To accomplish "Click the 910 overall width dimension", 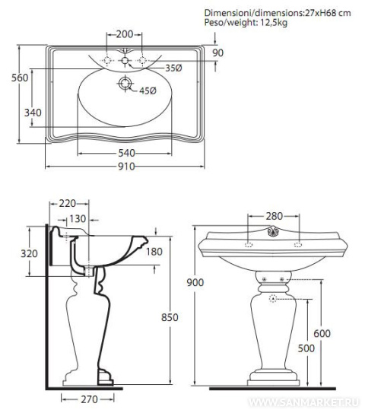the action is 126,167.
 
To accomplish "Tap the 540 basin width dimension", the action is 126,153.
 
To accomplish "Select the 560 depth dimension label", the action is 20,78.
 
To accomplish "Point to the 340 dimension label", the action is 33,113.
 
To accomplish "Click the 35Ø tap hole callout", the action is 173,68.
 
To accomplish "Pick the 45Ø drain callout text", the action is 148,91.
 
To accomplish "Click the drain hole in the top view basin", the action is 125,83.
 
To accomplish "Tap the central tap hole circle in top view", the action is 125,61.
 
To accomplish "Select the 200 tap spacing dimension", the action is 125,34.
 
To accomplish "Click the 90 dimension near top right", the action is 218,53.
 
